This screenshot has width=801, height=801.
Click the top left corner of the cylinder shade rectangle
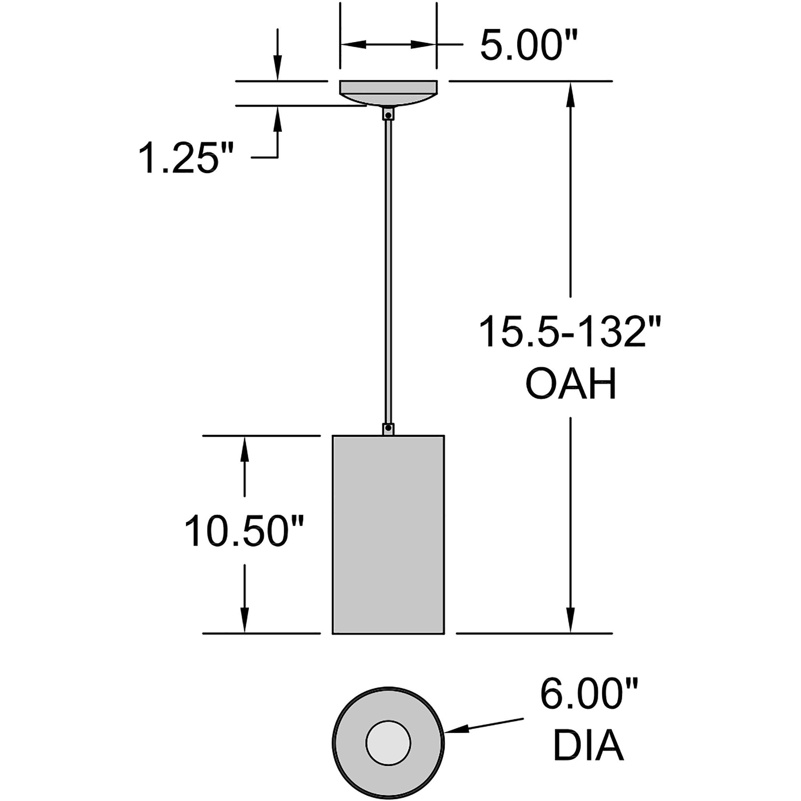point(333,436)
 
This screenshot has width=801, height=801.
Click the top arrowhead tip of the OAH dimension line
point(570,82)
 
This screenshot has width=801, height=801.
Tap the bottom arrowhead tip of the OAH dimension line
point(570,633)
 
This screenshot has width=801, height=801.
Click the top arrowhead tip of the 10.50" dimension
point(244,437)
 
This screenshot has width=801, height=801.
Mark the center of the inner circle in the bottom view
point(388,743)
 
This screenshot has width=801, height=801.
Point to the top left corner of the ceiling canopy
point(340,81)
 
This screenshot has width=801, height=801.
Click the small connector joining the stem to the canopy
point(388,114)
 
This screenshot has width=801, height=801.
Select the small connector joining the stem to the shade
point(388,429)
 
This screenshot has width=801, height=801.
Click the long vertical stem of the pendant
point(388,272)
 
